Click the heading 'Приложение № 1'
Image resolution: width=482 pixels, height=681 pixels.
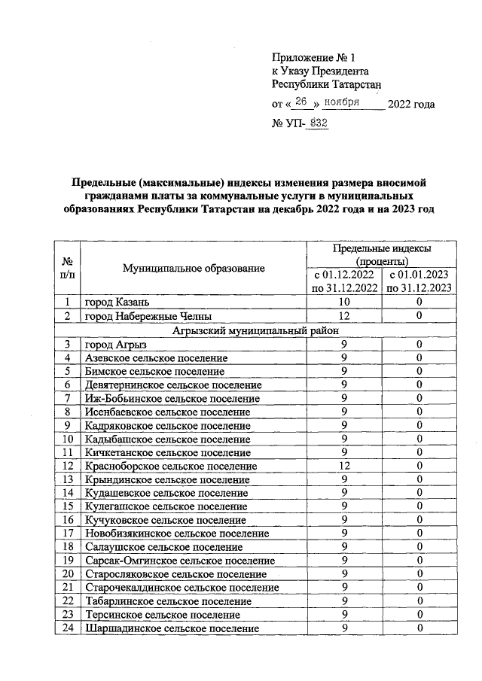pos(313,56)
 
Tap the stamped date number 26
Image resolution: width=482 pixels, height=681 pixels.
pos(303,102)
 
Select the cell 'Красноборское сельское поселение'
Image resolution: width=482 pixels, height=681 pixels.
pos(171,467)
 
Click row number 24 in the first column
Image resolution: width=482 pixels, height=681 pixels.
pos(67,628)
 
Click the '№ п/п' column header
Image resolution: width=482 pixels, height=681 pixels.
pos(67,268)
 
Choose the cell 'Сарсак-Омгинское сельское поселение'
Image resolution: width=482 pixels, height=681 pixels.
pos(179,561)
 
